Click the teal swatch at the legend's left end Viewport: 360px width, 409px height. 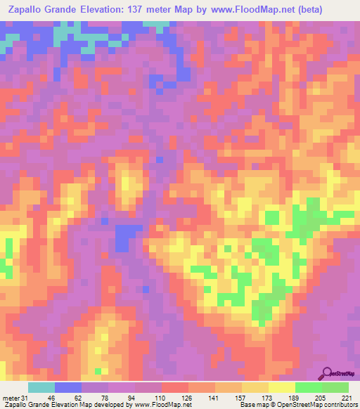click(x=41, y=388)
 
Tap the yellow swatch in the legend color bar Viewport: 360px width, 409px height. click(x=281, y=388)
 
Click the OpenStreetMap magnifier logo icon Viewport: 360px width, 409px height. click(x=327, y=374)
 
